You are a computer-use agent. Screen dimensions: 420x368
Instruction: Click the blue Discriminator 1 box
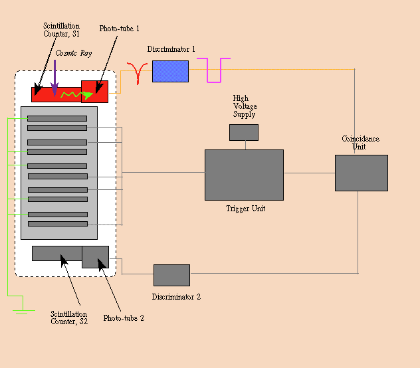(170, 71)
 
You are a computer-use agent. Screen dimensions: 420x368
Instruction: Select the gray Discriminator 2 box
(171, 275)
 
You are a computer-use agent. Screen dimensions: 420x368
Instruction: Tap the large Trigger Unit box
(245, 175)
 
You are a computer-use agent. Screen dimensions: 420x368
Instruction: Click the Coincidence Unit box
(362, 173)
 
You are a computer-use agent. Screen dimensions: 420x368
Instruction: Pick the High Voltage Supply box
(244, 132)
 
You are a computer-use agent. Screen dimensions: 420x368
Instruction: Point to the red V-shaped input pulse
(138, 73)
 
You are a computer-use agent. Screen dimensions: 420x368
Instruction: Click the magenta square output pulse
(214, 70)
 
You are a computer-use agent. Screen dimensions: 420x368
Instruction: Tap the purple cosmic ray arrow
(54, 78)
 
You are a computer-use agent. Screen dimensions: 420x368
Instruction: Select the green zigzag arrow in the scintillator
(77, 95)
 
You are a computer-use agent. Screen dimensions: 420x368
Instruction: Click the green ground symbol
(23, 308)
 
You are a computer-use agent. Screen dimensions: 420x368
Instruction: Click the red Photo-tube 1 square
(95, 92)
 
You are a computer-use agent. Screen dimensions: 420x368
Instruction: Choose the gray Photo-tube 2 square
(95, 257)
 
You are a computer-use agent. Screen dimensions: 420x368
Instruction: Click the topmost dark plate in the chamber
(57, 118)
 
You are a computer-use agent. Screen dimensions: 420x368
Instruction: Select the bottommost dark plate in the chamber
(58, 224)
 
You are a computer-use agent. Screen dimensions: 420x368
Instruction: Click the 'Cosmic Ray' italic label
(74, 53)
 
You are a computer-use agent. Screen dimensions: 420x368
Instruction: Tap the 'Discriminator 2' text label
(176, 297)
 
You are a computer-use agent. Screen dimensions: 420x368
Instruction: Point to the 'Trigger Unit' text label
(246, 209)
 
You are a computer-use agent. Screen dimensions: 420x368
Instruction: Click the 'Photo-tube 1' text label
(119, 29)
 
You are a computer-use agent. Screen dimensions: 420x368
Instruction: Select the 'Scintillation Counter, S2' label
(69, 318)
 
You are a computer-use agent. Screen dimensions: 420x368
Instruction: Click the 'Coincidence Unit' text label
(361, 143)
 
